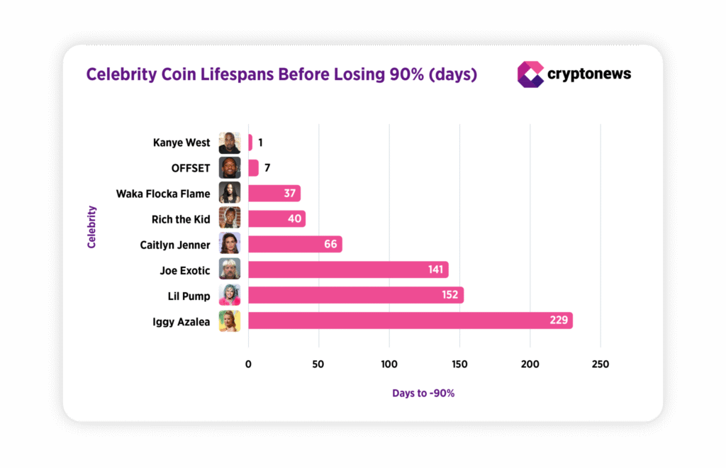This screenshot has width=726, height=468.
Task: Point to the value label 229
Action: [x=559, y=321]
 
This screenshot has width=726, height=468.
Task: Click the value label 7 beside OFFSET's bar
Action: [x=267, y=168]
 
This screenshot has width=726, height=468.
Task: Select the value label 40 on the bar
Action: [x=295, y=218]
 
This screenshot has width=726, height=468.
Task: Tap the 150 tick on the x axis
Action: [x=459, y=364]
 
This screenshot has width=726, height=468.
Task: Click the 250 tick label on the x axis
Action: [x=600, y=364]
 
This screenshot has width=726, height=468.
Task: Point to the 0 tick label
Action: [x=248, y=364]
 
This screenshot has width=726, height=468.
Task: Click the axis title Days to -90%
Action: [x=423, y=393]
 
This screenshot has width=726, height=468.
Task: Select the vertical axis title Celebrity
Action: [x=91, y=227]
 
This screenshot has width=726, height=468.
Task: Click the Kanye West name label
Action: [x=181, y=143]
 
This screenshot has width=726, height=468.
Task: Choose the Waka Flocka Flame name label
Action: [x=163, y=194]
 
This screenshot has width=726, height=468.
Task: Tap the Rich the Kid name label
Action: [x=181, y=219]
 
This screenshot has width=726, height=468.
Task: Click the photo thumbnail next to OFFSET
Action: [x=230, y=168]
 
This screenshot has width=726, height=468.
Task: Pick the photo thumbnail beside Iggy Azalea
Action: [x=230, y=321]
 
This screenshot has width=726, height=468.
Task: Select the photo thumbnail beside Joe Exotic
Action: [x=230, y=269]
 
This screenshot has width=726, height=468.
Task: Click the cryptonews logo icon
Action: [x=530, y=74]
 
